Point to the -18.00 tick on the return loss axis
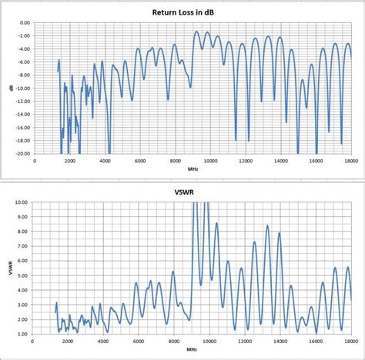click(x=22, y=141)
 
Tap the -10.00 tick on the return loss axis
click(x=22, y=88)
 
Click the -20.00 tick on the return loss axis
click(x=22, y=154)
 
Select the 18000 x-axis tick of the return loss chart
click(x=353, y=161)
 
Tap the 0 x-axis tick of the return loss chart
click(x=34, y=161)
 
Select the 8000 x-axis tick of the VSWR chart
click(x=173, y=342)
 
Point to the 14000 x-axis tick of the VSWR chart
click(x=280, y=342)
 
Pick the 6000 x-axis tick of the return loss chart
click(x=140, y=161)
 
